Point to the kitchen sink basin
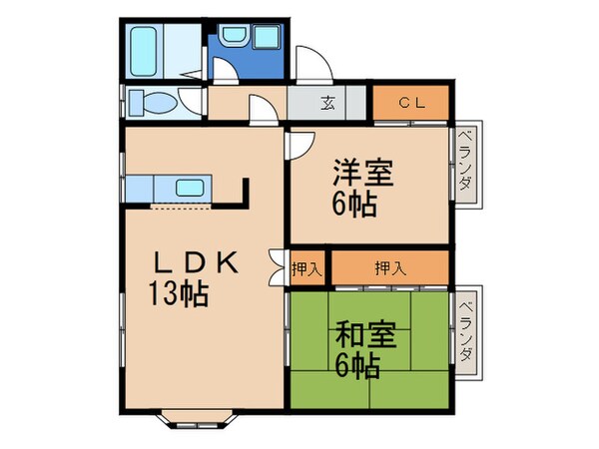pyautogui.click(x=188, y=186)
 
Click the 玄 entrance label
pyautogui.click(x=327, y=103)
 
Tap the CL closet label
pyautogui.click(x=412, y=102)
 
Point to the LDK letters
pyautogui.click(x=195, y=263)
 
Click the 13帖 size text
pyautogui.click(x=181, y=295)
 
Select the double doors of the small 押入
pyautogui.click(x=279, y=267)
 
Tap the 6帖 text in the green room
pyautogui.click(x=358, y=367)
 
